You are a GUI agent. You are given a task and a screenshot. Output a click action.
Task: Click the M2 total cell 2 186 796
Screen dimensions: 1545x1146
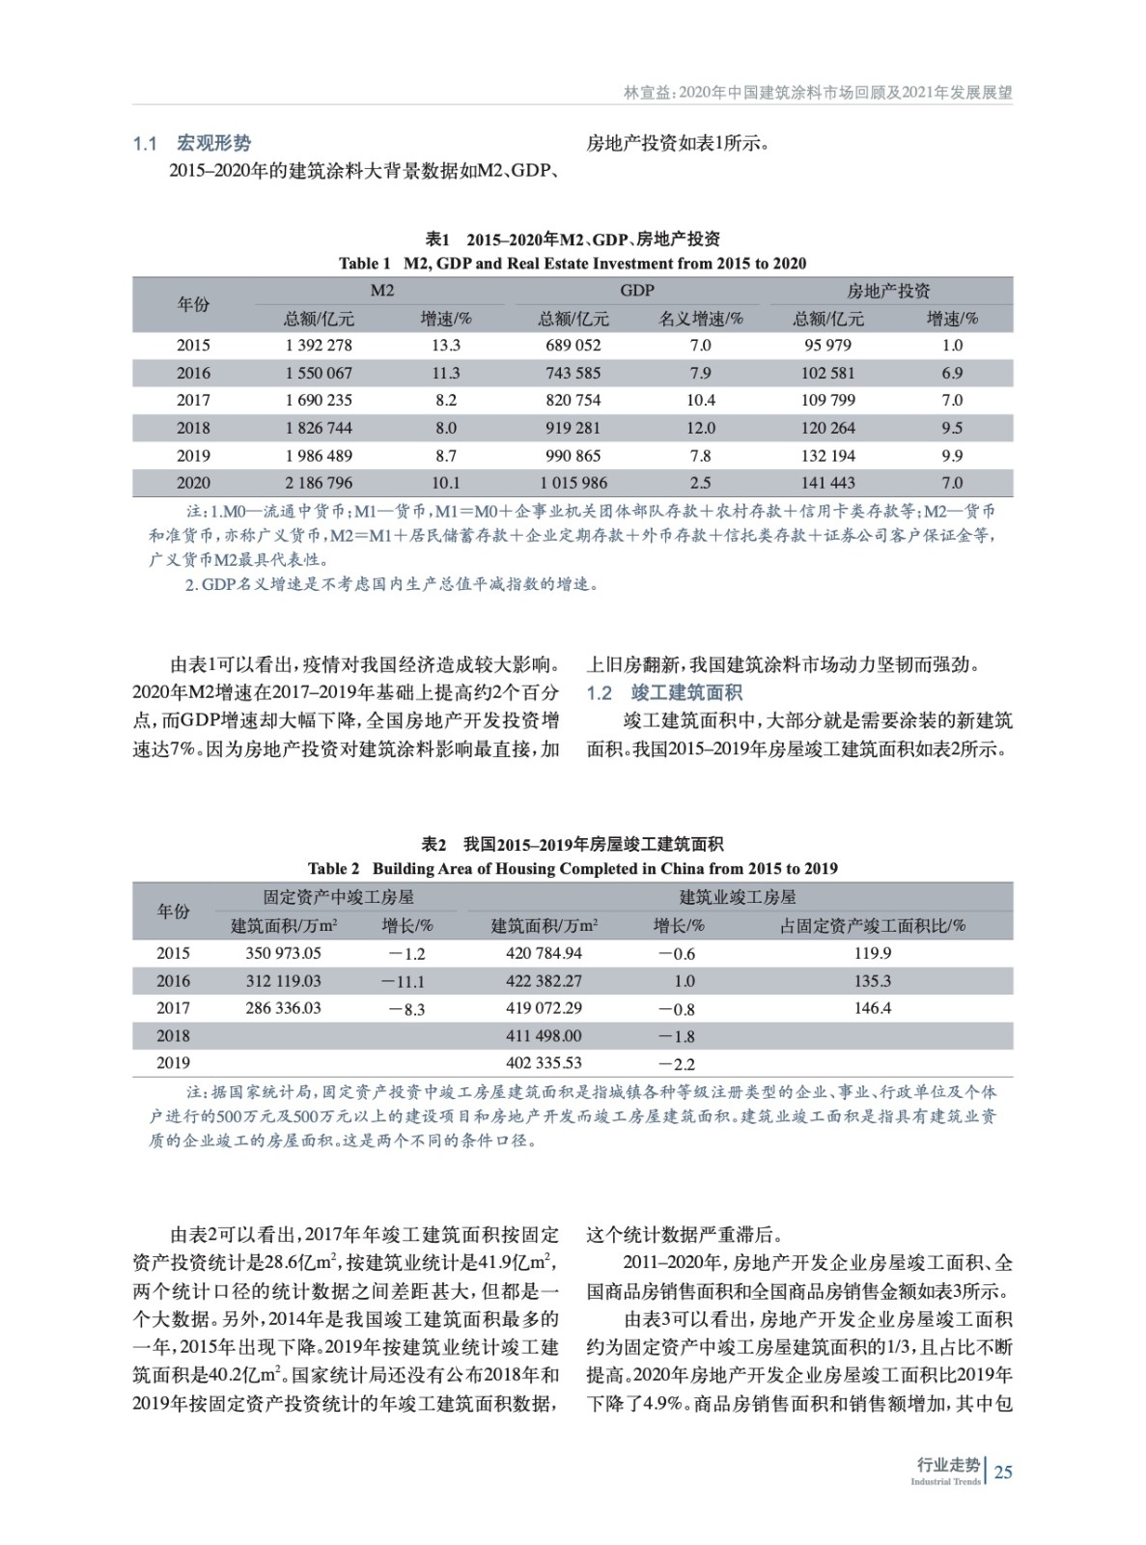pyautogui.click(x=319, y=483)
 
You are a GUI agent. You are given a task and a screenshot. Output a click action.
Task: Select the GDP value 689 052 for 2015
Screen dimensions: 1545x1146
pyautogui.click(x=573, y=345)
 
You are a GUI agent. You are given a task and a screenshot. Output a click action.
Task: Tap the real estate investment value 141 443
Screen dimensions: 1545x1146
pyautogui.click(x=827, y=483)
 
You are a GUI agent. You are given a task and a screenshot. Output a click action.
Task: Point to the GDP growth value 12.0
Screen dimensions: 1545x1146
pyautogui.click(x=700, y=428)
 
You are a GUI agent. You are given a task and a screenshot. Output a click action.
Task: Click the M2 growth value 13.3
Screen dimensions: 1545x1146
pyautogui.click(x=445, y=345)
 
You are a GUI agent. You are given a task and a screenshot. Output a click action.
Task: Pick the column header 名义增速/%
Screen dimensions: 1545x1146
pyautogui.click(x=701, y=318)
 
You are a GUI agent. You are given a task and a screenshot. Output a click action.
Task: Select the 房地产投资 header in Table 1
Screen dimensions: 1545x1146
pyautogui.click(x=888, y=291)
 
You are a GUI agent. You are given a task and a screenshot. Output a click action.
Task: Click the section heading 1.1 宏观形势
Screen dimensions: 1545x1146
pyautogui.click(x=191, y=144)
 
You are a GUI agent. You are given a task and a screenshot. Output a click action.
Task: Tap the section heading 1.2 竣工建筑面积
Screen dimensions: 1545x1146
pyautogui.click(x=664, y=692)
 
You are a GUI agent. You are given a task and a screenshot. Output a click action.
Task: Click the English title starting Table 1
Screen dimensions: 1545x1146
pyautogui.click(x=573, y=263)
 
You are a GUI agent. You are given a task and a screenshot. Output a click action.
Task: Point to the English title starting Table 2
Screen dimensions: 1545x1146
pyautogui.click(x=573, y=868)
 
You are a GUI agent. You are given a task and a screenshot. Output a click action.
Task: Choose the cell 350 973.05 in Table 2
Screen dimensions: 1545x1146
pyautogui.click(x=283, y=953)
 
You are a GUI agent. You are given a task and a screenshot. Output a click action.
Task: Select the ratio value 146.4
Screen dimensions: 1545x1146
pyautogui.click(x=872, y=1008)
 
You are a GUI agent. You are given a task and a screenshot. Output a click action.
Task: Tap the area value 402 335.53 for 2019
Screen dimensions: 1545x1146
pyautogui.click(x=544, y=1063)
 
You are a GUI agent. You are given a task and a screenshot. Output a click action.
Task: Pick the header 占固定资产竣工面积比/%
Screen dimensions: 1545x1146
pyautogui.click(x=872, y=925)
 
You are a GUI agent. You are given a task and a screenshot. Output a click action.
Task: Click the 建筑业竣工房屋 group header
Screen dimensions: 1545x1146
pyautogui.click(x=738, y=897)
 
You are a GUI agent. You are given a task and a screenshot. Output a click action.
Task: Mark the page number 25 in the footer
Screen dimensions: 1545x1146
pyautogui.click(x=1003, y=1472)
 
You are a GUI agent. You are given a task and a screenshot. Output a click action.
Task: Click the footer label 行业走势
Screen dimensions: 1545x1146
pyautogui.click(x=947, y=1465)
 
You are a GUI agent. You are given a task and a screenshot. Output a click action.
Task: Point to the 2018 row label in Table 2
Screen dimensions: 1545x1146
pyautogui.click(x=173, y=1036)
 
